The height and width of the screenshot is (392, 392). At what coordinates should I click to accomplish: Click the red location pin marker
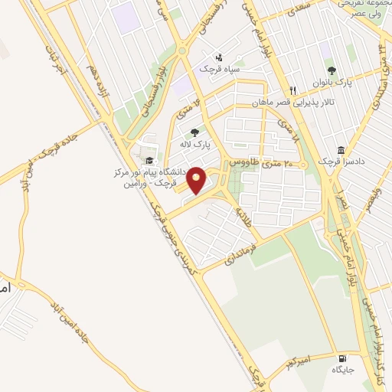[197, 181]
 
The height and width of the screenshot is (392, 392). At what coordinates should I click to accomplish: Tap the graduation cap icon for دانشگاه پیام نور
[150, 160]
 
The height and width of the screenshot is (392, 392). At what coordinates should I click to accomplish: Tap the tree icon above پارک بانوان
[332, 70]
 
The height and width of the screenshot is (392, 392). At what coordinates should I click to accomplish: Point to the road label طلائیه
[243, 211]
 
